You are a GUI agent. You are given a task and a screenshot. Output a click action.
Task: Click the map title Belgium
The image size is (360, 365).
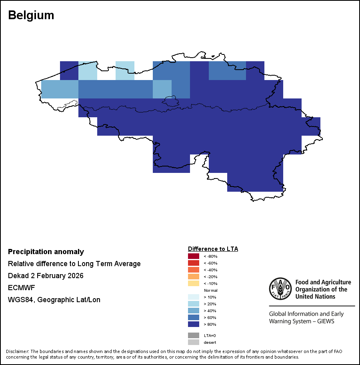[31, 15]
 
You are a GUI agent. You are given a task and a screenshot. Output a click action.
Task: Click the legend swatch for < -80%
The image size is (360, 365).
[193, 256]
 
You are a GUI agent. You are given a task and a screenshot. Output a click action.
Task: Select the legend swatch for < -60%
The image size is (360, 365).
[193, 263]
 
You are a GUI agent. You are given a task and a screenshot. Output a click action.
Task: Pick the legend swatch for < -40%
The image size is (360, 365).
[193, 270]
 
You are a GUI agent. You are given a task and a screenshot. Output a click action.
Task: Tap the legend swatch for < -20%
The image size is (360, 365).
[193, 277]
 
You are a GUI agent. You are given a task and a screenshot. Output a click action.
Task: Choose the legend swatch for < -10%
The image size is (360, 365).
[193, 283]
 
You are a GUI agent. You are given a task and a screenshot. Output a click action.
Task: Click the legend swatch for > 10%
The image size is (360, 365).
[193, 297]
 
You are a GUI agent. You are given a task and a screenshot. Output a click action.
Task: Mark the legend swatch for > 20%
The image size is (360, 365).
[193, 304]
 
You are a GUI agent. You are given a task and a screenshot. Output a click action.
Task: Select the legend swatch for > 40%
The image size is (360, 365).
[193, 311]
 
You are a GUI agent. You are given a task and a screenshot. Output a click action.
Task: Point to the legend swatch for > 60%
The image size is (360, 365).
[193, 317]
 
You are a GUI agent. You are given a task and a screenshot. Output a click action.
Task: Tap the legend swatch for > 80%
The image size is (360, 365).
[193, 324]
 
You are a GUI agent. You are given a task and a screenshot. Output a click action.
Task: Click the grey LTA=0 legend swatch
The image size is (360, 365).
[193, 335]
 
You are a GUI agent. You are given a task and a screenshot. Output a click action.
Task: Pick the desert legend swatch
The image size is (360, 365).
[193, 342]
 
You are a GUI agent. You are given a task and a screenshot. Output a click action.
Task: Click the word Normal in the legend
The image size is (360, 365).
[210, 290]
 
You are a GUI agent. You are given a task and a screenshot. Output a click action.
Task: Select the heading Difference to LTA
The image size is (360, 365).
[213, 249]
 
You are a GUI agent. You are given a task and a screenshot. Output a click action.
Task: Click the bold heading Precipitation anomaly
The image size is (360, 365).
[46, 252]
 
